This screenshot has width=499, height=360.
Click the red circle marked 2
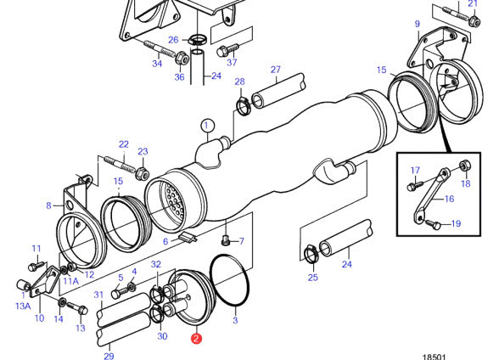[x=196, y=339]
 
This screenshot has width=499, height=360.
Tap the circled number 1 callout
[x=207, y=126]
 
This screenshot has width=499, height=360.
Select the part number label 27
[x=276, y=70]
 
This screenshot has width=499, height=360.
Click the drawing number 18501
[x=435, y=357]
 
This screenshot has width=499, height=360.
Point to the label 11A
[x=70, y=281]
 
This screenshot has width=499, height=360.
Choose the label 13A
[x=23, y=306]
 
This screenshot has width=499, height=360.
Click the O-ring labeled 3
[x=230, y=281]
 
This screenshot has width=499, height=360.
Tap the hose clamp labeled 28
[x=244, y=105]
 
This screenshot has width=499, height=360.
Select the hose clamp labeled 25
[x=311, y=254]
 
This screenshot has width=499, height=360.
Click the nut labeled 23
[x=143, y=173]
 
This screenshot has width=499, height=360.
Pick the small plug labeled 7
[x=226, y=239]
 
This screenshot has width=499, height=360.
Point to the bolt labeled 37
[x=227, y=49]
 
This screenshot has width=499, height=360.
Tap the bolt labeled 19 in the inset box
[x=433, y=224]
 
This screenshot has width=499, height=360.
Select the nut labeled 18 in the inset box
[x=465, y=166]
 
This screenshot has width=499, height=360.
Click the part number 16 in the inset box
[x=449, y=199]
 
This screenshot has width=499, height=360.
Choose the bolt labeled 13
[x=76, y=308]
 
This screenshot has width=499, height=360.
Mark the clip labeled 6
[x=188, y=237]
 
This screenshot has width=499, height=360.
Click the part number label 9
[x=418, y=24]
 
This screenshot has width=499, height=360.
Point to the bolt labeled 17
[x=415, y=185]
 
